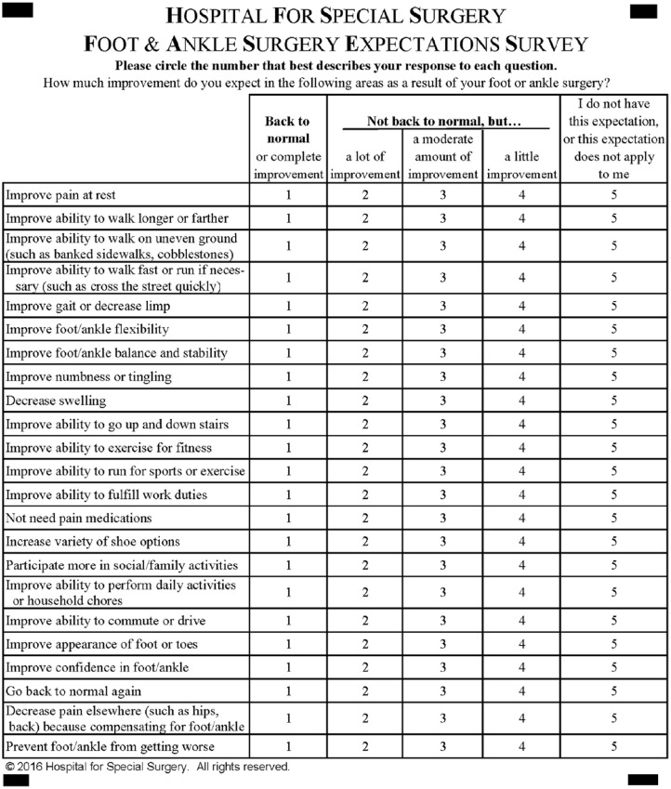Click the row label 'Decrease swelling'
(x=56, y=401)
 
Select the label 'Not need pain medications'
(x=78, y=518)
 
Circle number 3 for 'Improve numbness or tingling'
(x=442, y=377)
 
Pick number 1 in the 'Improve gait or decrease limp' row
(x=288, y=306)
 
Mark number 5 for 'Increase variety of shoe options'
(x=613, y=542)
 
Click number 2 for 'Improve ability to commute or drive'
(x=364, y=621)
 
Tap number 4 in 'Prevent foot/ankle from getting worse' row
(x=521, y=747)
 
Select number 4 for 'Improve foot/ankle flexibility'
(x=521, y=330)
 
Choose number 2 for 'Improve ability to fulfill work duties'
(x=364, y=494)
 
